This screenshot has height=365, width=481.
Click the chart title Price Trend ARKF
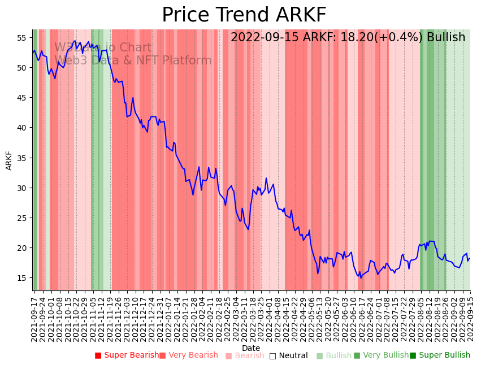pos(244,15)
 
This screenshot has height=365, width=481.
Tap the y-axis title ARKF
pos(9,160)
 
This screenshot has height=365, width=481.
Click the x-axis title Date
pos(251,348)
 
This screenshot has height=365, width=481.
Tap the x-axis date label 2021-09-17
pos(34,319)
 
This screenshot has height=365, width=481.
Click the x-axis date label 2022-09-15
pos(470,319)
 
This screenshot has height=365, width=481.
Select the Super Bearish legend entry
pos(127,355)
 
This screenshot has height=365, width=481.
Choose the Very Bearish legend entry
pos(188,355)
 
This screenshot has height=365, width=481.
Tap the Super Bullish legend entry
pos(440,355)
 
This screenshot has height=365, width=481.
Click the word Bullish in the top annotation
pos(446,37)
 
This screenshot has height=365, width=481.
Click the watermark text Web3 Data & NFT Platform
pos(133,60)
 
